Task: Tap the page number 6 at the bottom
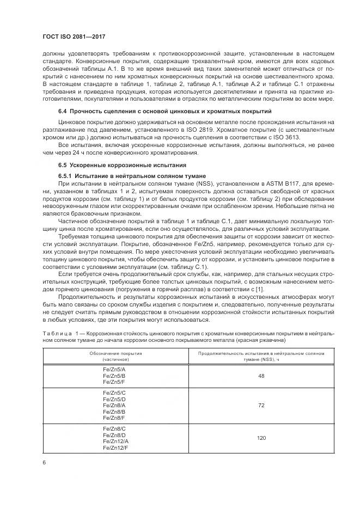tap(44, 462)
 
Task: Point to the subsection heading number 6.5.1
tap(66, 176)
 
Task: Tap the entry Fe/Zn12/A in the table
tap(115, 441)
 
